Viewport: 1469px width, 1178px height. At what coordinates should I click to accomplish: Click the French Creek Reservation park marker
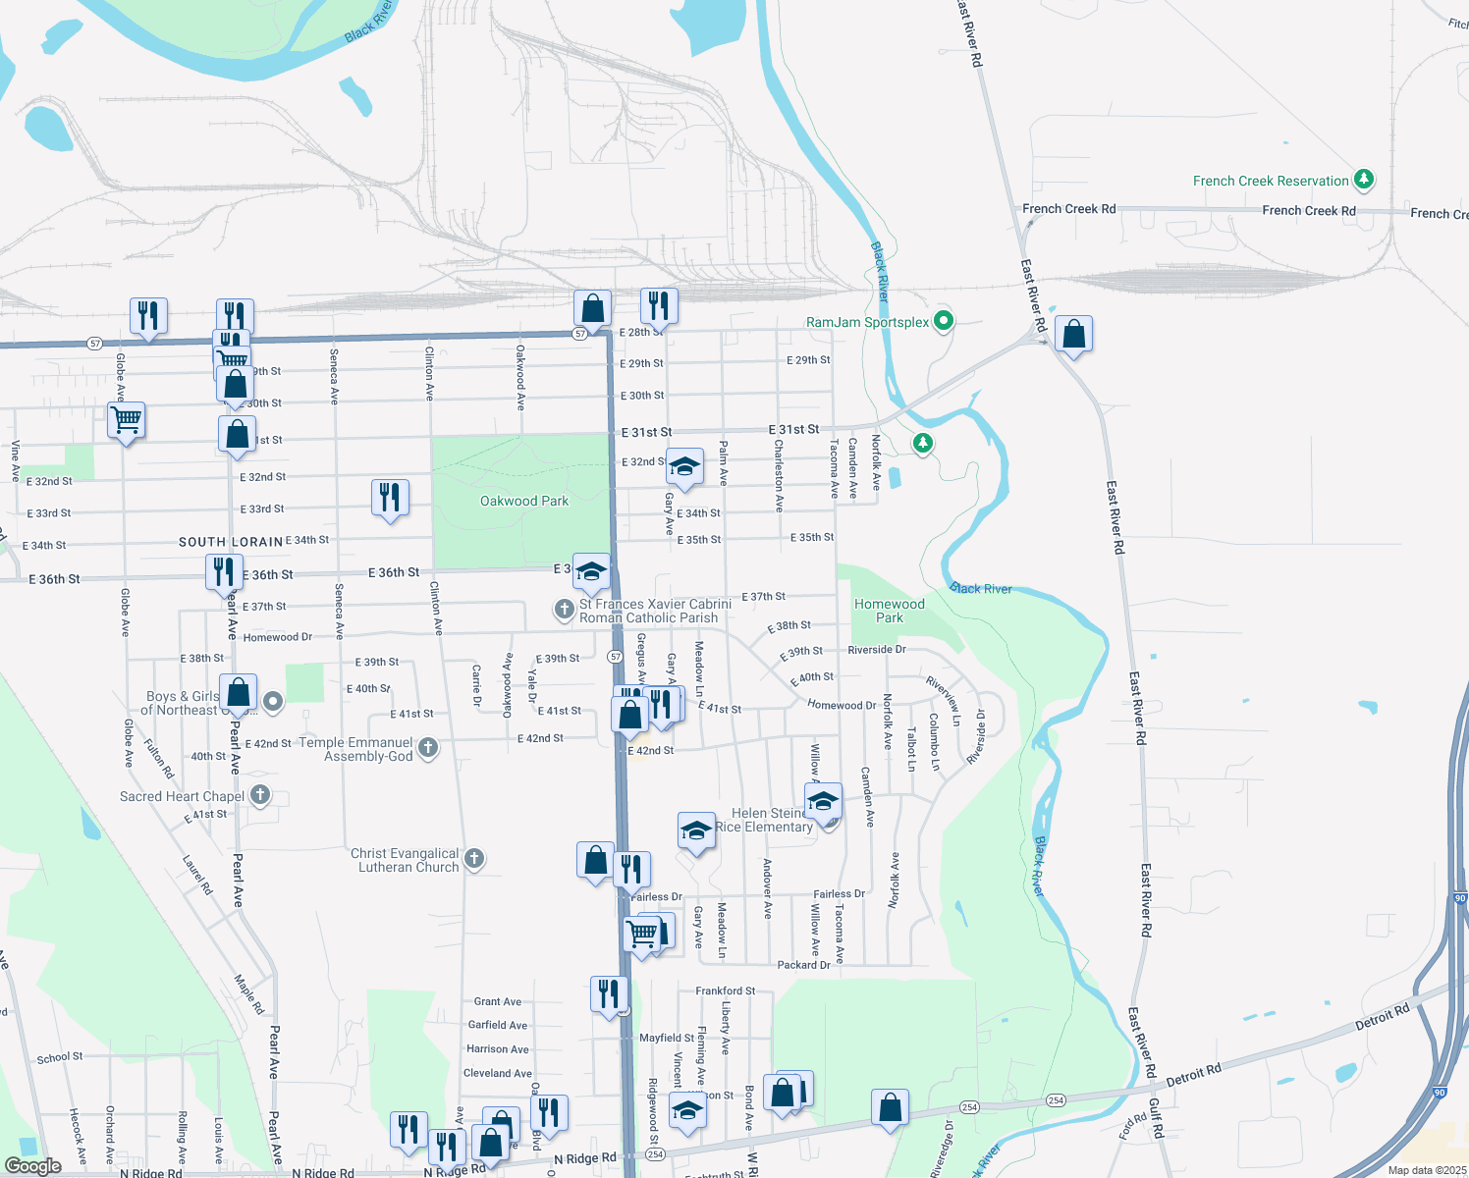1363,180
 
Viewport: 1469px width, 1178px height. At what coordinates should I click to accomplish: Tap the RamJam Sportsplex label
867,322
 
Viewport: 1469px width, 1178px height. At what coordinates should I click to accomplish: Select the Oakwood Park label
524,501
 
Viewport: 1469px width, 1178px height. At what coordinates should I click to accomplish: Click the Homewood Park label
889,611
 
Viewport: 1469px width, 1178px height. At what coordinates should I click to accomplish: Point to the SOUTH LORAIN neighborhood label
231,542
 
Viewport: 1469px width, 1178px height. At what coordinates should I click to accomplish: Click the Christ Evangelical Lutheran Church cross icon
474,860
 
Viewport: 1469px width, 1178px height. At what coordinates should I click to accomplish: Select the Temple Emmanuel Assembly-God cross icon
428,749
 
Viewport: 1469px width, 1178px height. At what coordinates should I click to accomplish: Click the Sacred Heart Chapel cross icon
260,795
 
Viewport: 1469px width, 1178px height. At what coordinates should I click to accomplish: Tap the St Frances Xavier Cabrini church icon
564,610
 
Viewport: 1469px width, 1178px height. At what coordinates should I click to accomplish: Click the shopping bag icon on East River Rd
1073,335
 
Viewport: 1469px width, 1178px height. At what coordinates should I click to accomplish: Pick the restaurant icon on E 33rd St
390,497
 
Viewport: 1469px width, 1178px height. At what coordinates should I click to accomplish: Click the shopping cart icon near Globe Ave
127,420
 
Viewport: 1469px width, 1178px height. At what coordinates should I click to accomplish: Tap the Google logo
32,1165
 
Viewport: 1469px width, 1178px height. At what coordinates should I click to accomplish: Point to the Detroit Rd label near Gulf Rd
1193,1075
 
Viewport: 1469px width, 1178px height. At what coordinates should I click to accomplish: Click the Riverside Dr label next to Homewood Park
876,650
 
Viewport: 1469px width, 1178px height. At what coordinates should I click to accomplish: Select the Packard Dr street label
803,965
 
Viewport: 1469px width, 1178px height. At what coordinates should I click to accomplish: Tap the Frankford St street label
725,991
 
